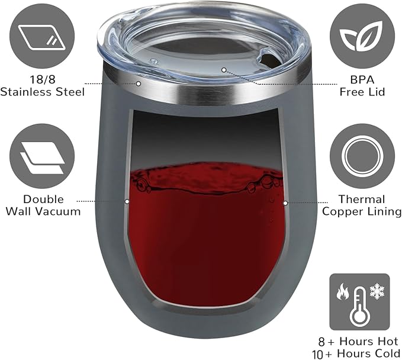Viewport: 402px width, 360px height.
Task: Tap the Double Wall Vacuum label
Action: [44, 205]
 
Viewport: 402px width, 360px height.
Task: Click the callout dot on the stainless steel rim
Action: [139, 83]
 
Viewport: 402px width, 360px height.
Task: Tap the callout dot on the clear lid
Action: [224, 70]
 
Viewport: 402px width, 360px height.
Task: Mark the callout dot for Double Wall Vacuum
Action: [127, 201]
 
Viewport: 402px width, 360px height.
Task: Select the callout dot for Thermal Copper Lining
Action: [285, 203]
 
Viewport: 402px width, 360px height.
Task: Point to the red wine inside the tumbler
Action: [204, 243]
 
